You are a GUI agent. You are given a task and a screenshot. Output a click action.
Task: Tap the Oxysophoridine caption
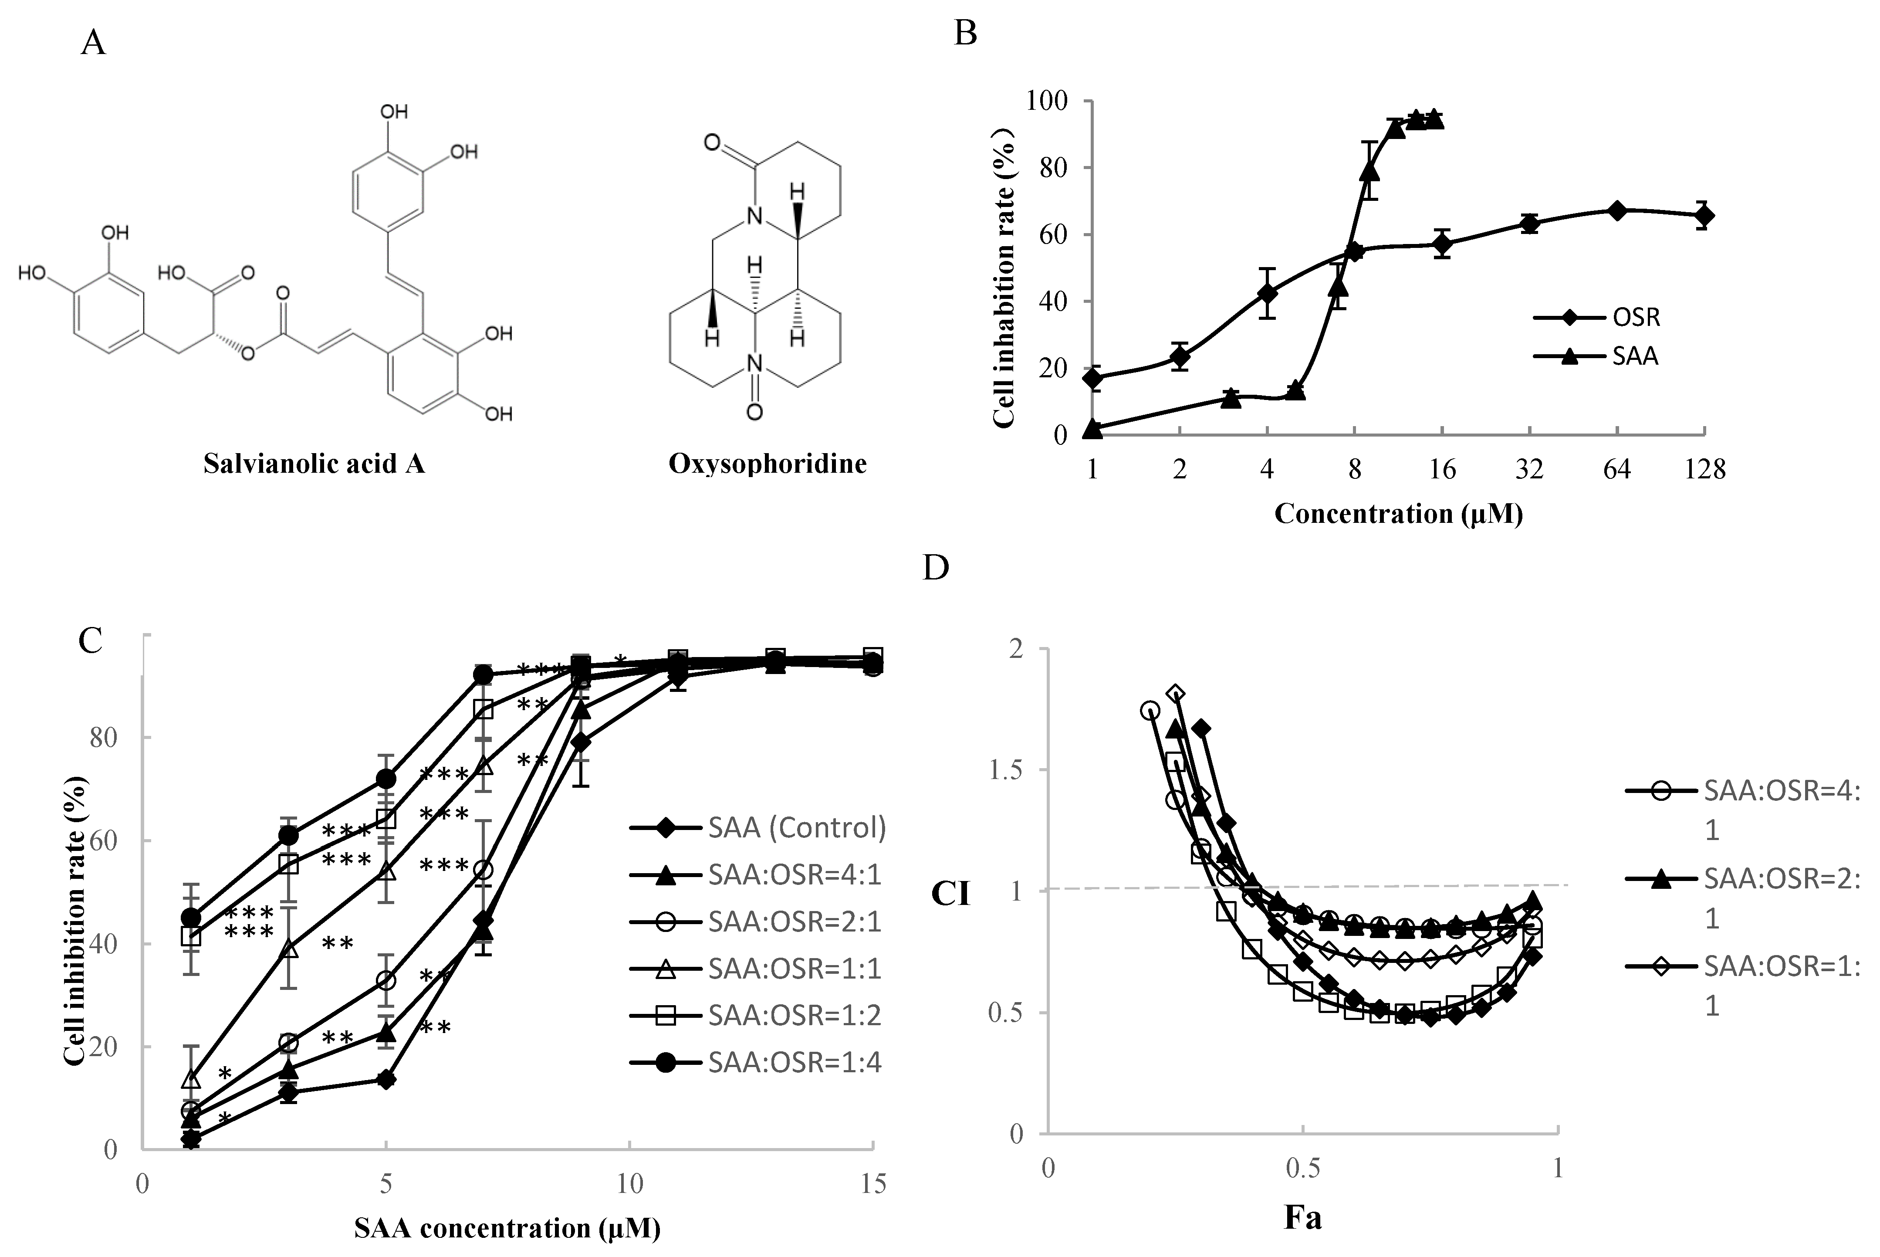pyautogui.click(x=767, y=463)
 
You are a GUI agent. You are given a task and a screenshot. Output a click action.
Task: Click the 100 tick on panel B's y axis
pyautogui.click(x=1048, y=101)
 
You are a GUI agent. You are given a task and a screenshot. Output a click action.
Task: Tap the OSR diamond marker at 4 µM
pyautogui.click(x=1267, y=293)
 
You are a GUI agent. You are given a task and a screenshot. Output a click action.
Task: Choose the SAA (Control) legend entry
pyautogui.click(x=757, y=827)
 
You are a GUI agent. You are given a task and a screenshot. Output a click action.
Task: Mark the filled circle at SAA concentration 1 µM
pyautogui.click(x=191, y=917)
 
